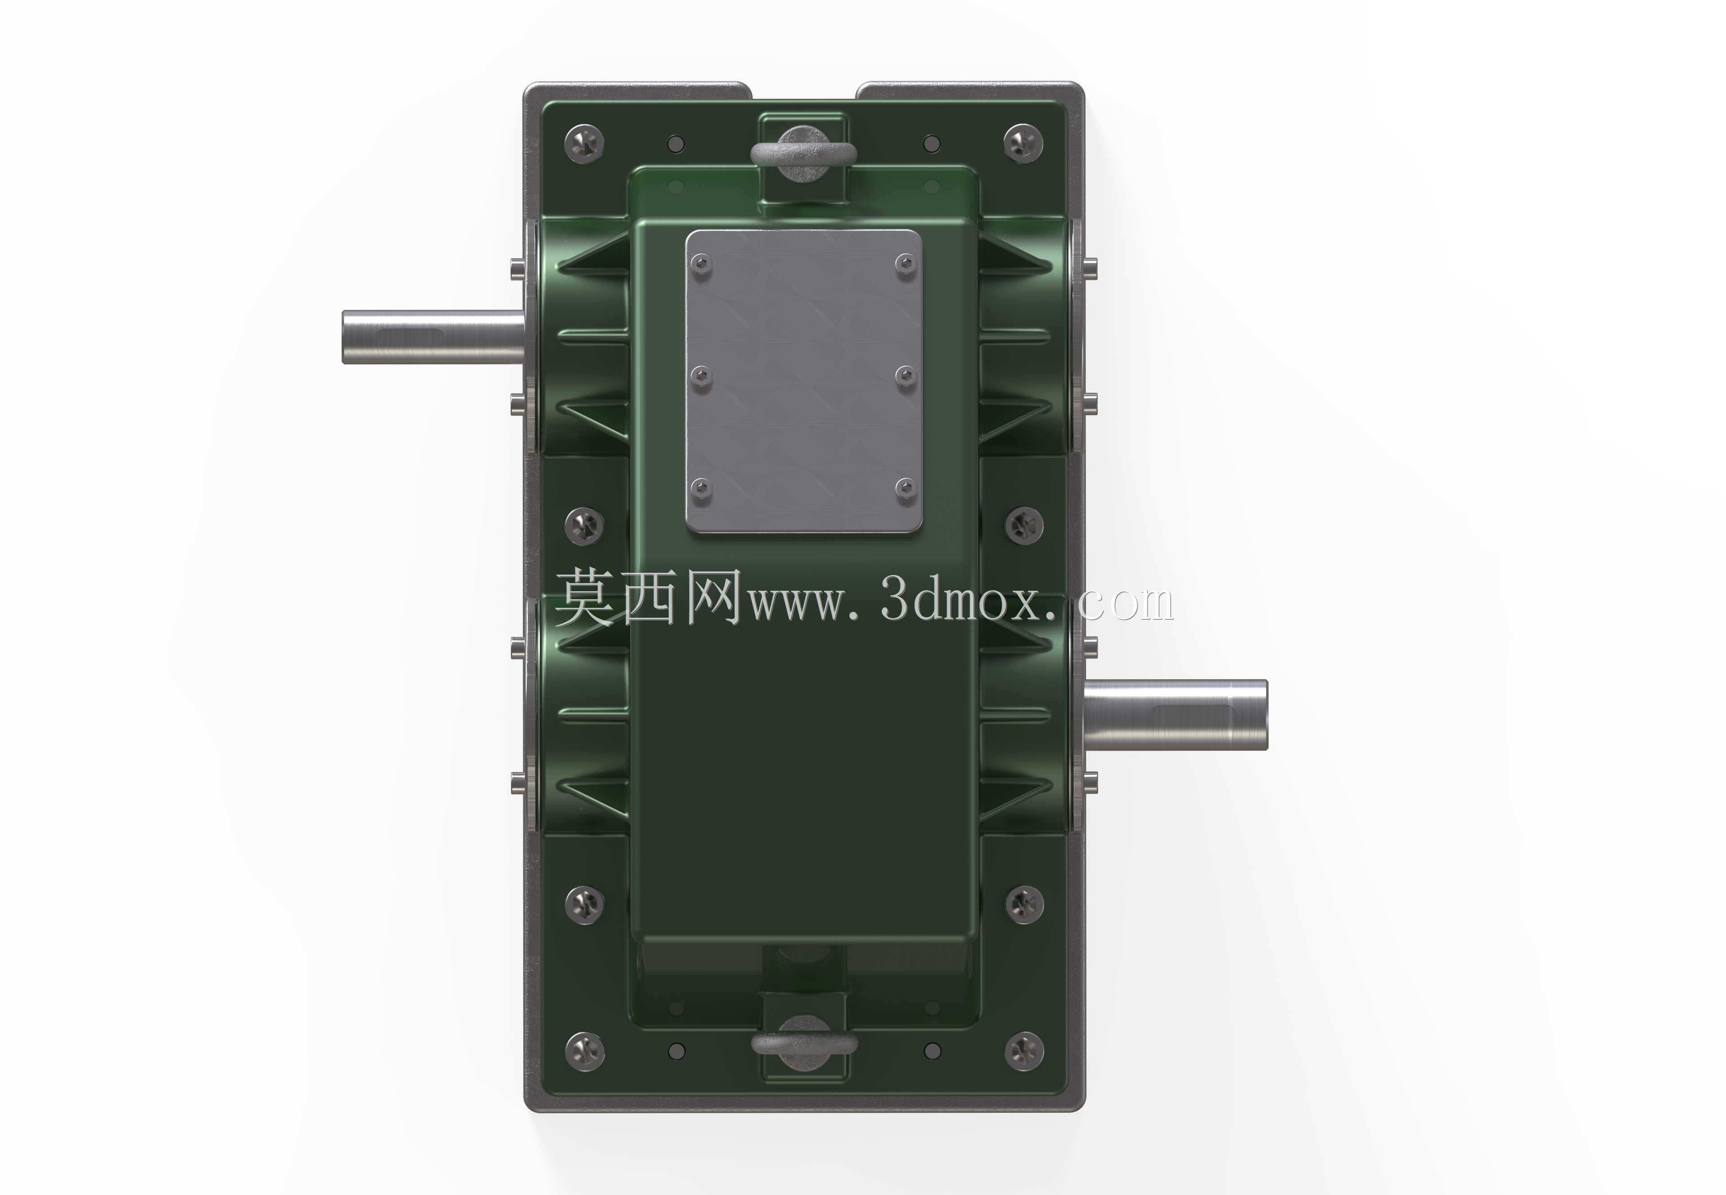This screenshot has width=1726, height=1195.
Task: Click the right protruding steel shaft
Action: tap(1174, 714)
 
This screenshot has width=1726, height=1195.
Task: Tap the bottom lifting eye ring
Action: tap(804, 1044)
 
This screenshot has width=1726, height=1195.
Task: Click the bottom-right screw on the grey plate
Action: tap(907, 489)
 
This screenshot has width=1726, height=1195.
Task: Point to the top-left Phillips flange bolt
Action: tap(584, 142)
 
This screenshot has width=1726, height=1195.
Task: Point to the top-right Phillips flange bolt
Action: tap(1023, 142)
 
